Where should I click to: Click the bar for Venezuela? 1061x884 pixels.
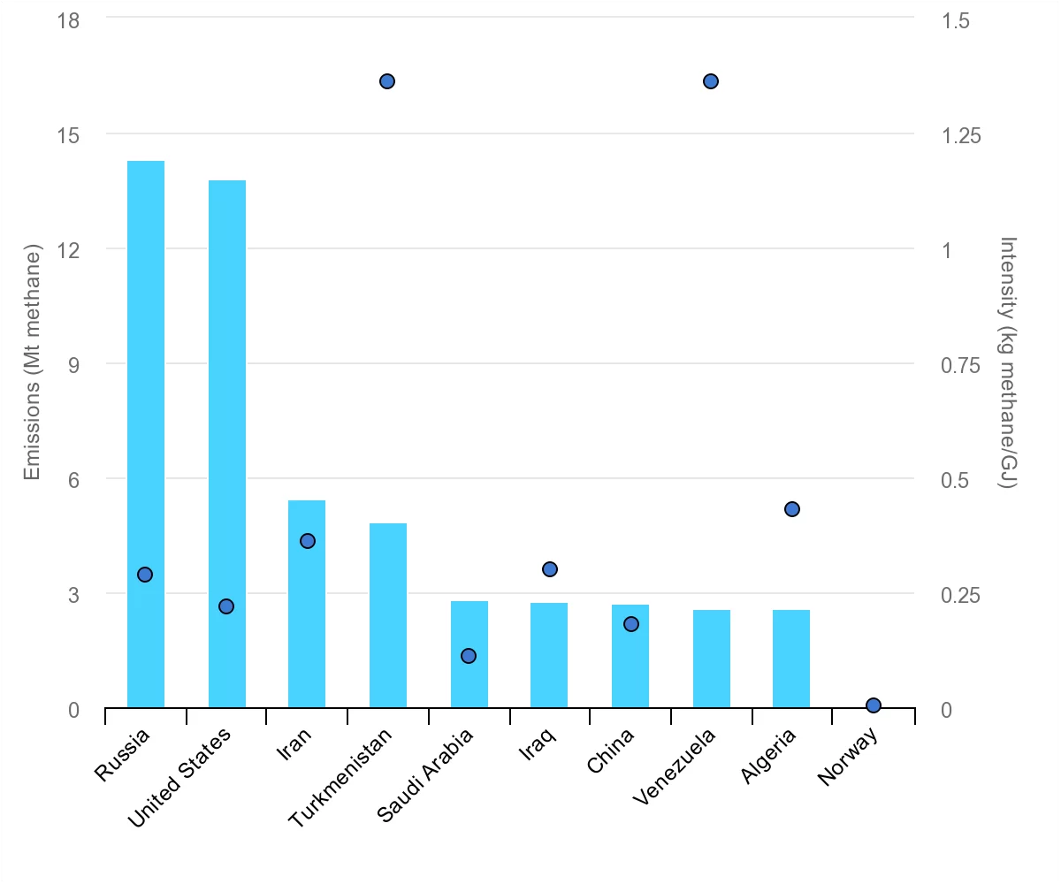[711, 659]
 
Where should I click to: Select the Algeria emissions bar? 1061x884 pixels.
[791, 659]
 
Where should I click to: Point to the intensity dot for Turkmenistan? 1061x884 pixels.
[387, 81]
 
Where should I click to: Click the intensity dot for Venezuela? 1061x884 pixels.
[711, 81]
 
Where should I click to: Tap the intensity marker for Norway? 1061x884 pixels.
[874, 705]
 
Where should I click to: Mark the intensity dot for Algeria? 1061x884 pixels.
[792, 509]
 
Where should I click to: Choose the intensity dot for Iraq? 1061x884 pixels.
[550, 569]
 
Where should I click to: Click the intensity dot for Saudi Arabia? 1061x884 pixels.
[469, 656]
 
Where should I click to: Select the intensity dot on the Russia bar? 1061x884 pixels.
[145, 575]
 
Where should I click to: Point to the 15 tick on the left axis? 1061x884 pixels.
[68, 135]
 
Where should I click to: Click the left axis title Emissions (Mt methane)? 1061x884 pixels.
[33, 364]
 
